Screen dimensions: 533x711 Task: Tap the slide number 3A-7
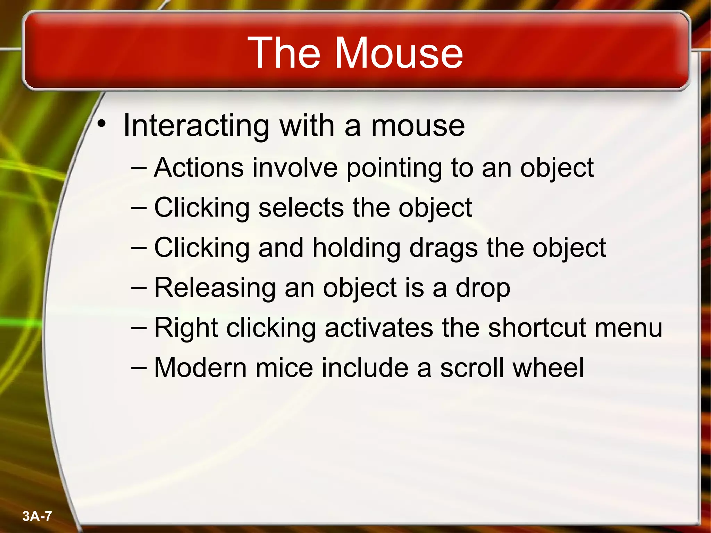click(37, 516)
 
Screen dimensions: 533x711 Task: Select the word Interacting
click(196, 126)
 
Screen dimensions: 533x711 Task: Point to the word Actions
click(199, 168)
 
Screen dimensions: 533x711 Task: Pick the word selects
click(301, 208)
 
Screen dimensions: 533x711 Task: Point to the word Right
click(186, 328)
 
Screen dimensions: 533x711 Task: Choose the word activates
click(379, 328)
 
